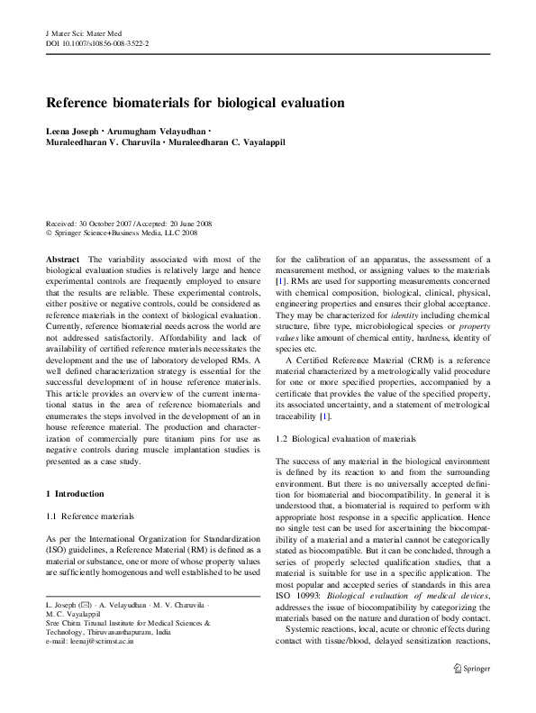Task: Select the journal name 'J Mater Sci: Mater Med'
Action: [x=83, y=32]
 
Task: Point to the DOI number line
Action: [x=96, y=42]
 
